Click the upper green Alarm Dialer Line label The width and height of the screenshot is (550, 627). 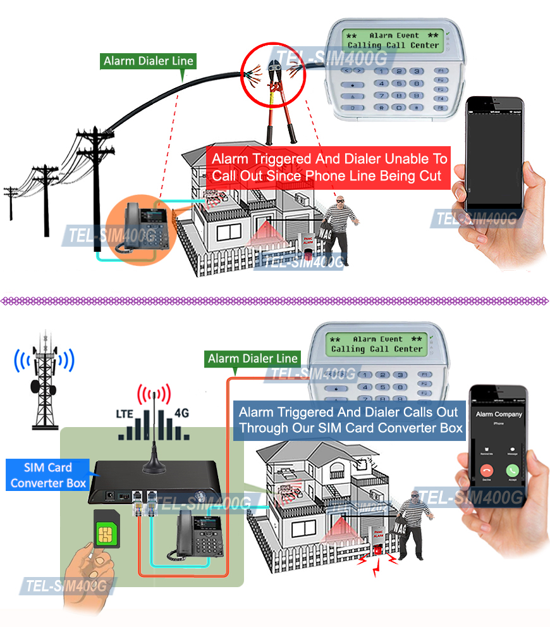(x=149, y=61)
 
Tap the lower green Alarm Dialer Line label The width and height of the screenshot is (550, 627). (x=253, y=359)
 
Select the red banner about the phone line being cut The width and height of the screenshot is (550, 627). (x=329, y=167)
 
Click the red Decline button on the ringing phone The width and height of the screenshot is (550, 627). (x=487, y=471)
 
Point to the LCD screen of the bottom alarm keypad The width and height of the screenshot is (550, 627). (x=377, y=344)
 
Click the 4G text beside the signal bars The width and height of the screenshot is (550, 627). (x=181, y=414)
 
